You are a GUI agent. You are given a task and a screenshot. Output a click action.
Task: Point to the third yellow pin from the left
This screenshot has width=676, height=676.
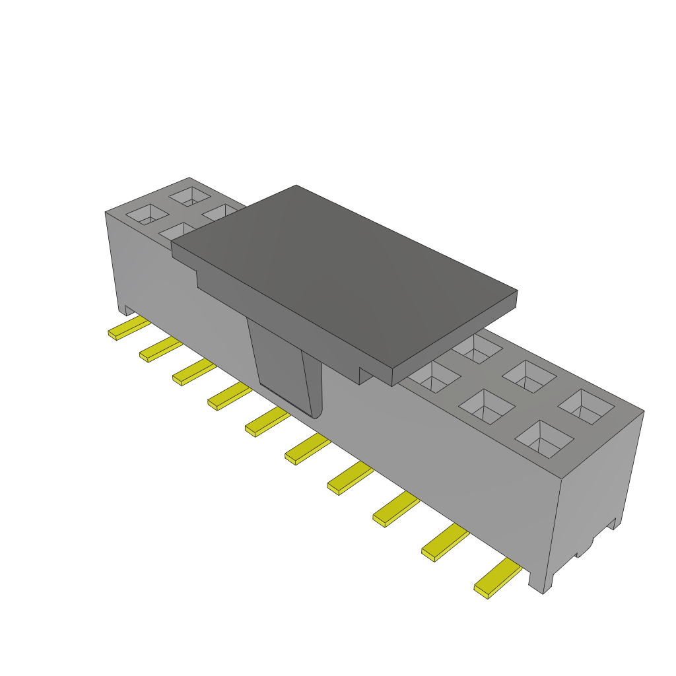point(193,373)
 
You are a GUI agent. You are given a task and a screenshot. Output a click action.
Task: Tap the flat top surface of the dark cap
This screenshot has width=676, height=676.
point(343,277)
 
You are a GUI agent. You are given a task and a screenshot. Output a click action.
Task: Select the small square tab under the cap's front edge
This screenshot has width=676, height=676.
point(364,375)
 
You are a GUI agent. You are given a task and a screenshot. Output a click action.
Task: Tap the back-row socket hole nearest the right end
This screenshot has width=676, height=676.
point(586,406)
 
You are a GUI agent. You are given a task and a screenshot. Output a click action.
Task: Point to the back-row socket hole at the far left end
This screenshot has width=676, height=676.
point(190,195)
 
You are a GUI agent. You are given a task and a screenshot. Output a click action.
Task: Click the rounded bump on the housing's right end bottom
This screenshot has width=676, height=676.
point(585,549)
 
